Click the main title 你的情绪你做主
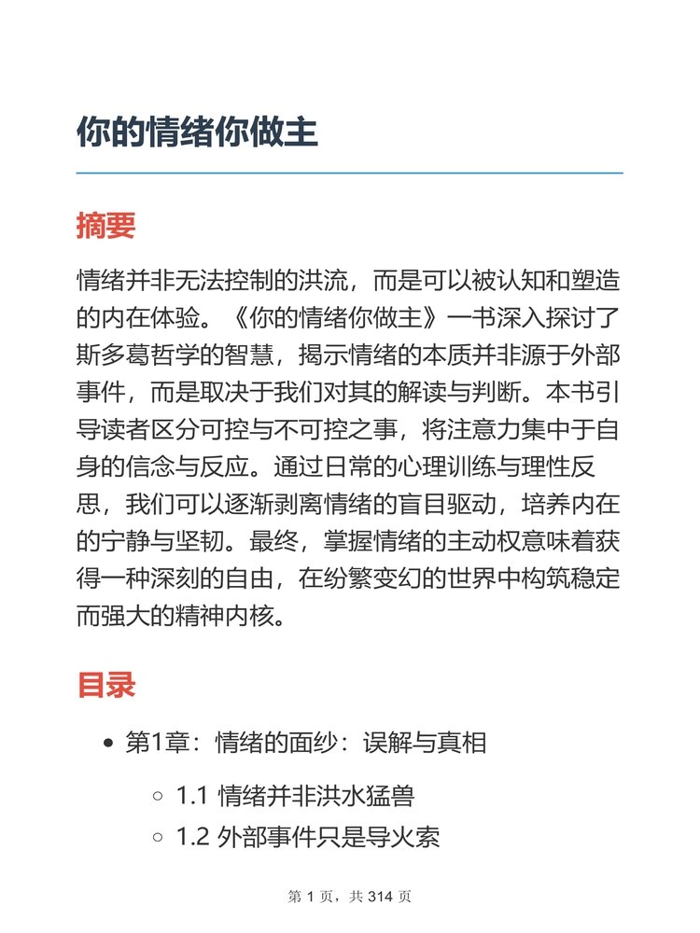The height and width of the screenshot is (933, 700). tap(198, 132)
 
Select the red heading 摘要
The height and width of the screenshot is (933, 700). tap(106, 226)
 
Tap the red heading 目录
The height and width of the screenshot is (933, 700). tap(106, 686)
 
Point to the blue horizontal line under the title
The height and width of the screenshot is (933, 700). tap(350, 173)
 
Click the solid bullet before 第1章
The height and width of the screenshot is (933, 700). tap(109, 744)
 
